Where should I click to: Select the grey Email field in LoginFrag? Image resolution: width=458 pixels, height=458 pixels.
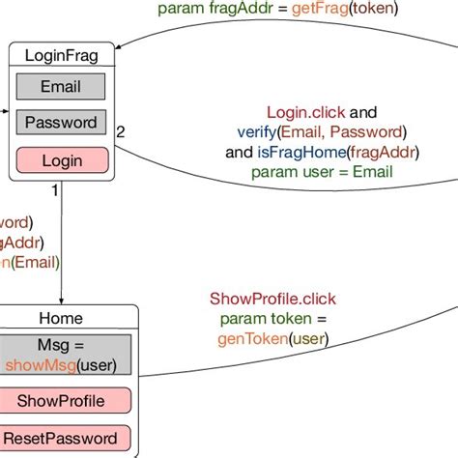point(61,87)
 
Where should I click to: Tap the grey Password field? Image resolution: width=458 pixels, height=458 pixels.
point(61,123)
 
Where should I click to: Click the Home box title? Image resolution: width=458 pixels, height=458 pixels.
point(61,318)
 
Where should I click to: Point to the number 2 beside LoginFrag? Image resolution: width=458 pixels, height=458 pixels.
point(121,131)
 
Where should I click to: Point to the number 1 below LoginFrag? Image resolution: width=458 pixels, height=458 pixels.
point(54,191)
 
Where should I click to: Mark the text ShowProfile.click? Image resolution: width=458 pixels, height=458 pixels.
point(273,299)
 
